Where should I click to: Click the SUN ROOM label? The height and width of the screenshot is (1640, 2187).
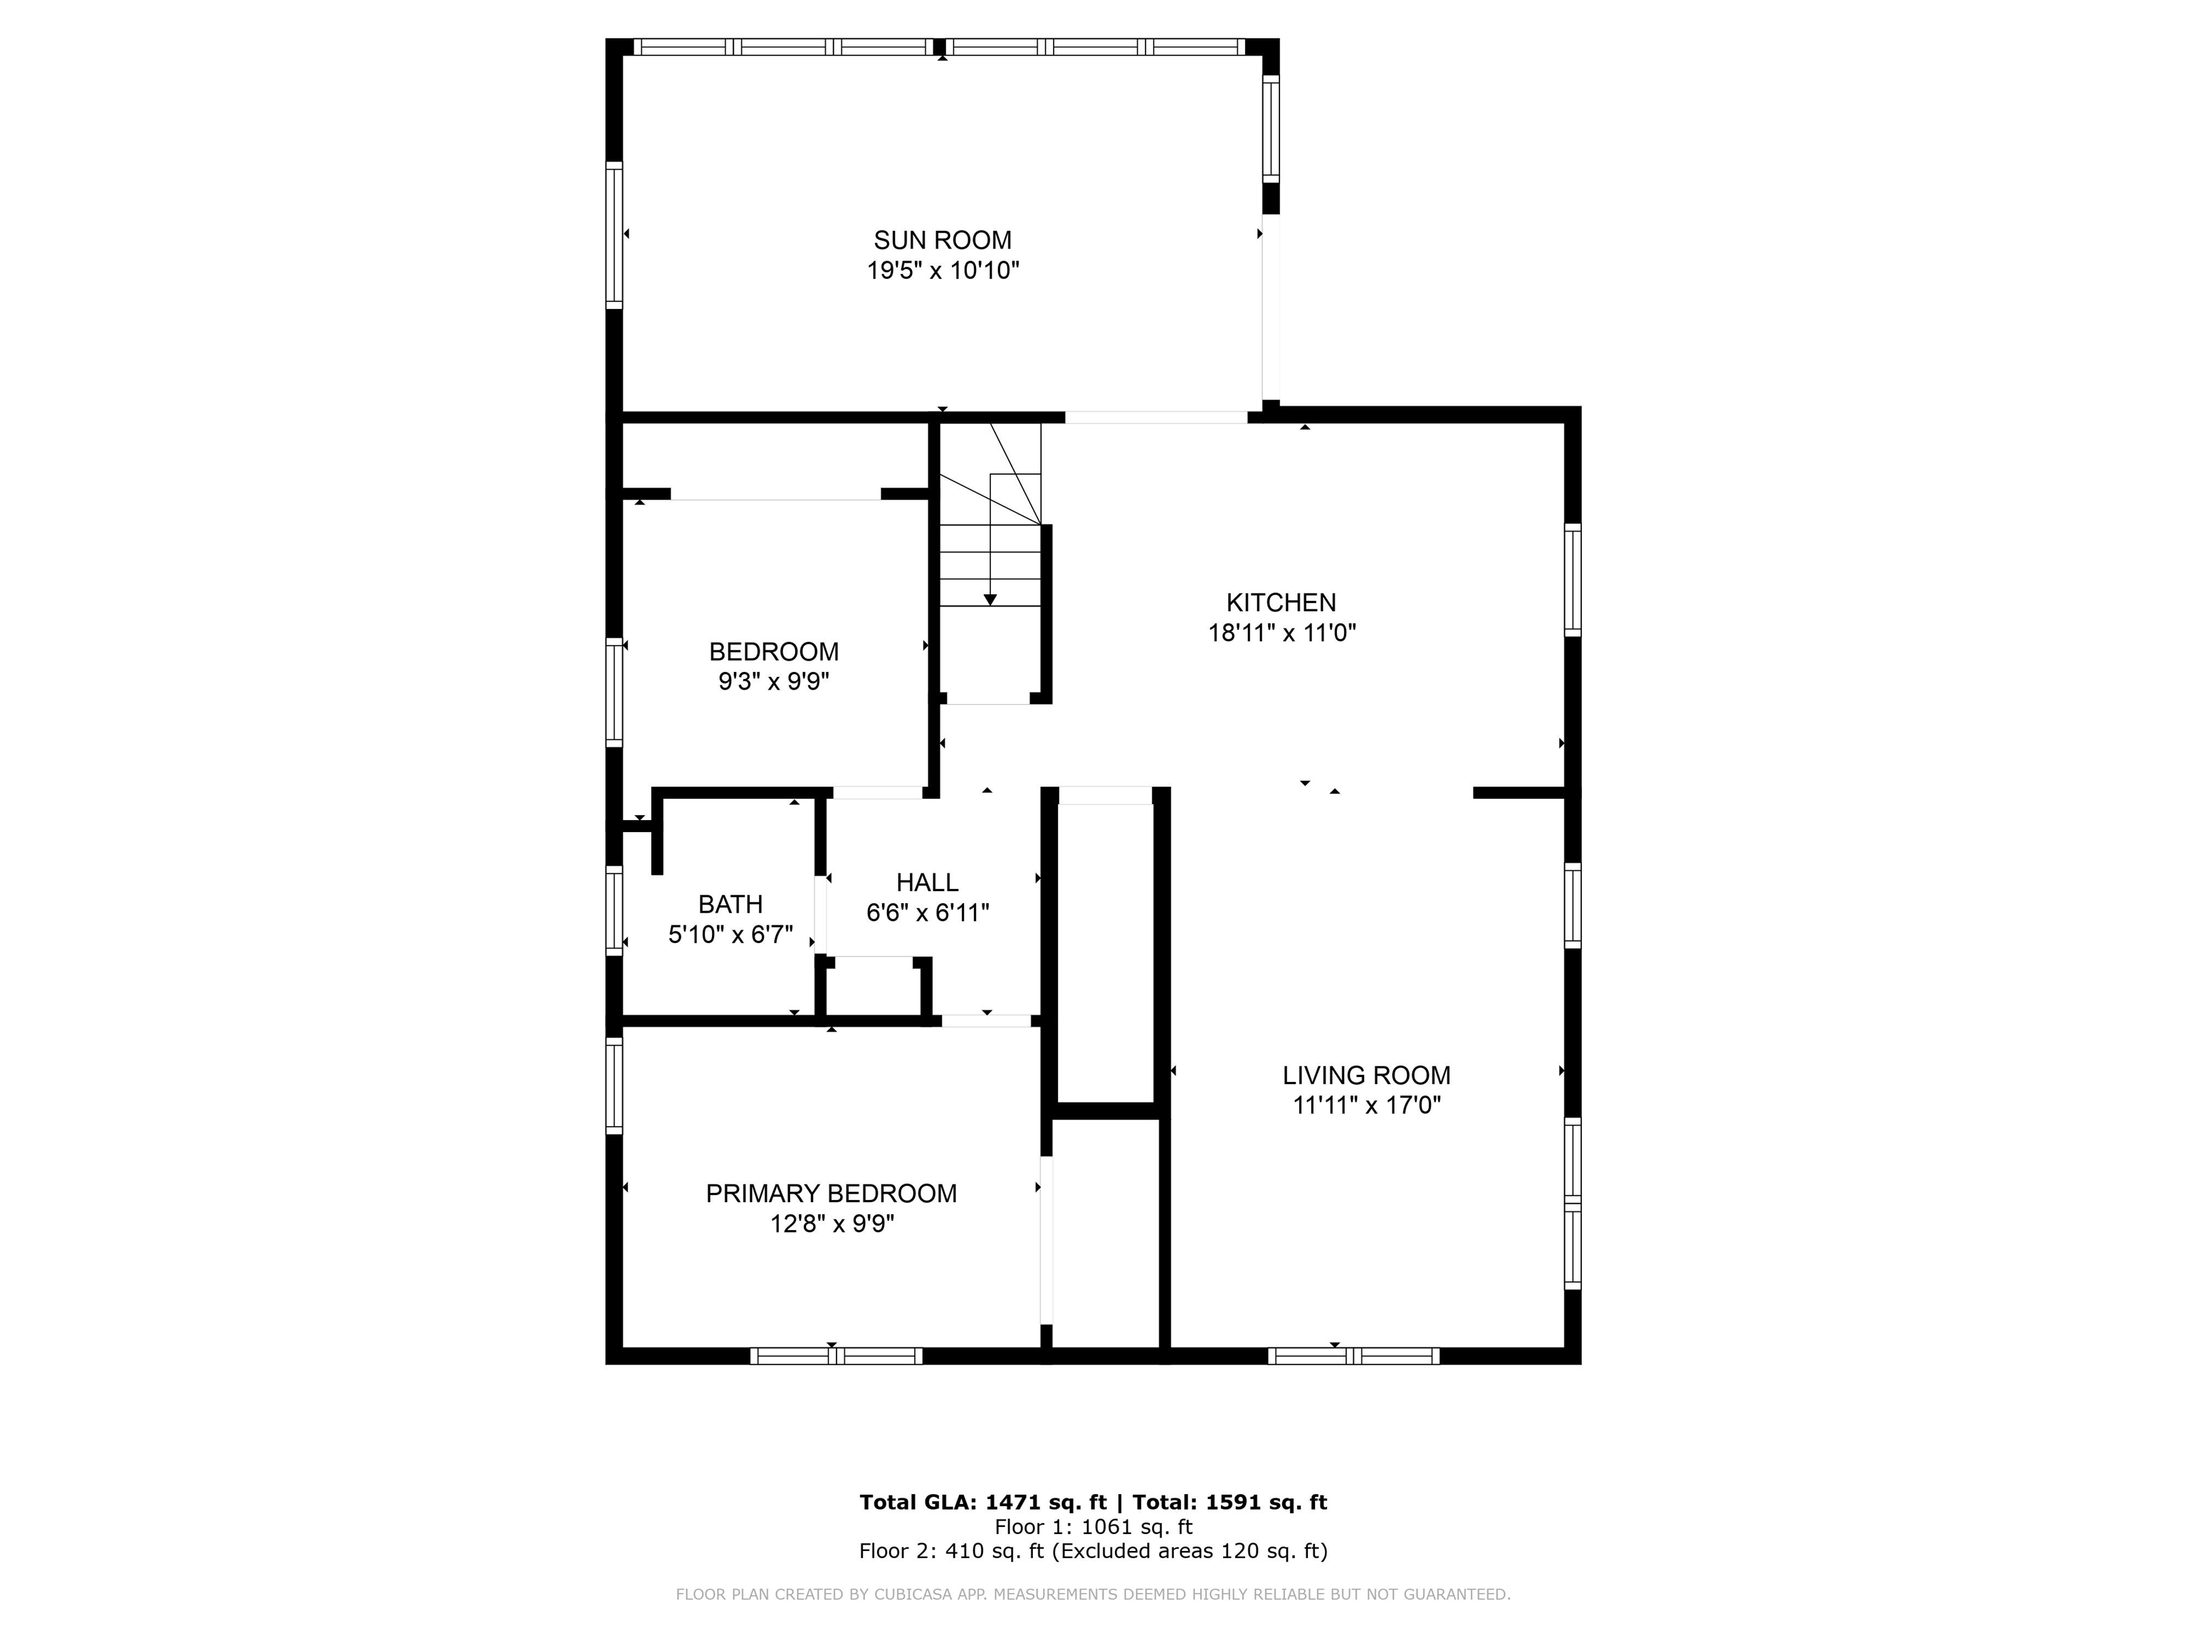click(x=943, y=240)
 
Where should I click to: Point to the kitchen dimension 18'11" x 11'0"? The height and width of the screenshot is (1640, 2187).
click(x=1281, y=633)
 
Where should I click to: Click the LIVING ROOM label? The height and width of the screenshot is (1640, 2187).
click(x=1366, y=1075)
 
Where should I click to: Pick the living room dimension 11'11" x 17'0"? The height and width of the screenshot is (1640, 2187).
click(x=1366, y=1105)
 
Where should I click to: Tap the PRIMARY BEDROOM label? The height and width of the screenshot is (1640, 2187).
click(x=831, y=1193)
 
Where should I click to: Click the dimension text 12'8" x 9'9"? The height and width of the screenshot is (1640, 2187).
click(x=832, y=1224)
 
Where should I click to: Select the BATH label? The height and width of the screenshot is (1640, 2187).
click(x=730, y=903)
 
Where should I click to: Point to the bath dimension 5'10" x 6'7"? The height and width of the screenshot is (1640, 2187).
click(x=730, y=934)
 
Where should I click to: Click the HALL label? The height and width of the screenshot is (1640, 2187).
click(x=928, y=882)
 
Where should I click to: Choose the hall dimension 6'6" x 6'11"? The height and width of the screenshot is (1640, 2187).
click(x=928, y=913)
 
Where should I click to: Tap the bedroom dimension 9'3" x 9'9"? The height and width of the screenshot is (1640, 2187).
click(x=773, y=682)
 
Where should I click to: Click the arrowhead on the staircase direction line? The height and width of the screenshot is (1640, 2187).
click(x=990, y=600)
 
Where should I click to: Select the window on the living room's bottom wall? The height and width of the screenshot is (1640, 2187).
click(x=1353, y=1356)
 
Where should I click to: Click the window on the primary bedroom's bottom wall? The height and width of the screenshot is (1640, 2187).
click(x=836, y=1356)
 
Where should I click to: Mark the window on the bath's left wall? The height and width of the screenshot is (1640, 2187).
click(x=614, y=910)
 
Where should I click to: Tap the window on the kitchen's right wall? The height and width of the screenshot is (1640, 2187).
click(x=1572, y=579)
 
